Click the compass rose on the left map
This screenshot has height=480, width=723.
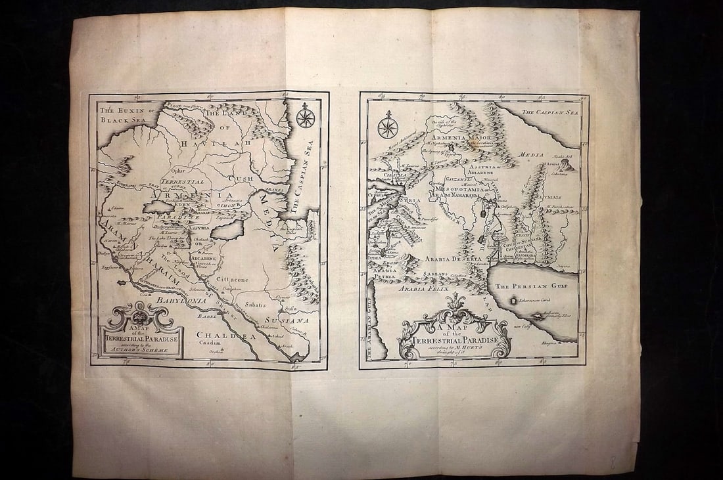305,118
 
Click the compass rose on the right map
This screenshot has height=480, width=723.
388,125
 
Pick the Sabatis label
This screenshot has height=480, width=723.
256,305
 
